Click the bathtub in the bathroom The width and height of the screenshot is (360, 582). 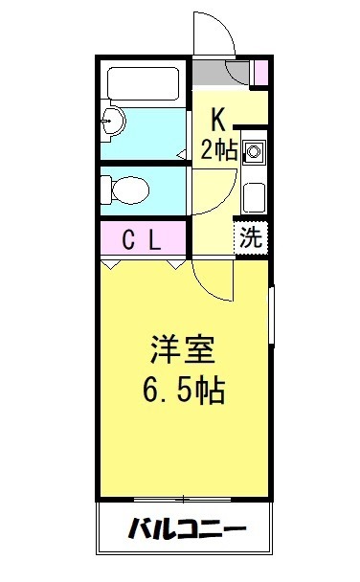pos(144,83)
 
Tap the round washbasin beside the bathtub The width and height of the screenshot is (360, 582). pos(113,121)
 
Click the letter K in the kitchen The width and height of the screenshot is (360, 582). pos(218,119)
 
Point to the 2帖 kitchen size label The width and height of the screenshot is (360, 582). pos(218,148)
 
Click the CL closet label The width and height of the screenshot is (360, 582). pos(142,239)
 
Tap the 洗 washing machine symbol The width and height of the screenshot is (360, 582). pos(251,237)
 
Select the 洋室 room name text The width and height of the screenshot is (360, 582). pos(183,349)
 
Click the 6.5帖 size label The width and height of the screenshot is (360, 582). pos(184,390)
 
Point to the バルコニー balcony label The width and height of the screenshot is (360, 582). pos(187,528)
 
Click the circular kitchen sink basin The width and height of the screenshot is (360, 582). pos(254,151)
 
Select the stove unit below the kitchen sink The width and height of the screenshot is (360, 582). pos(255,197)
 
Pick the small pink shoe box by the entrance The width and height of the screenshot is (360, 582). pos(260,72)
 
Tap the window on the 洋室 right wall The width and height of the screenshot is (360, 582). pos(271,316)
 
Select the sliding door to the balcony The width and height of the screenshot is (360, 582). pos(183,500)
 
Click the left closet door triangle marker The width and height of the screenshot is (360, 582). pos(111,265)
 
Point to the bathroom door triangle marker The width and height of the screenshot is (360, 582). pos(182,155)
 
